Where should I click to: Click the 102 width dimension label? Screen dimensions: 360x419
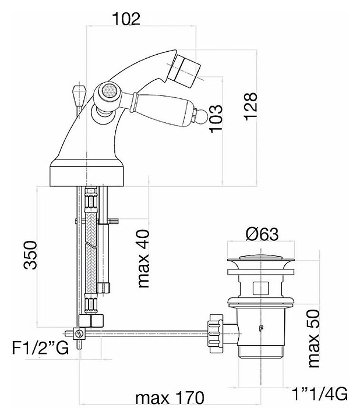(126, 19)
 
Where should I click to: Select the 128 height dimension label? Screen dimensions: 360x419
(250, 106)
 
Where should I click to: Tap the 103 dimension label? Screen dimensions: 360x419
(216, 119)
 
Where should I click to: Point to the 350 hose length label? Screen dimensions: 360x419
(30, 255)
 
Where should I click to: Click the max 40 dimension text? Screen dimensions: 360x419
(143, 258)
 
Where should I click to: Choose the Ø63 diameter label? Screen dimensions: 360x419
(262, 234)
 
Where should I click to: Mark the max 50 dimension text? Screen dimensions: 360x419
(313, 338)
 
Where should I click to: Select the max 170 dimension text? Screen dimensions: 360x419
(170, 398)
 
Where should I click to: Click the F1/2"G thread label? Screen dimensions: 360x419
(40, 348)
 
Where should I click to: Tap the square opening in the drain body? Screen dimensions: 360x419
(261, 288)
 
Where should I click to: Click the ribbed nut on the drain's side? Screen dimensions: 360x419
(216, 333)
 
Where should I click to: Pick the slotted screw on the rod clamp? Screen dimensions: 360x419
(79, 333)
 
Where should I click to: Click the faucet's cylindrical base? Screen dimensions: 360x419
(87, 175)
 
